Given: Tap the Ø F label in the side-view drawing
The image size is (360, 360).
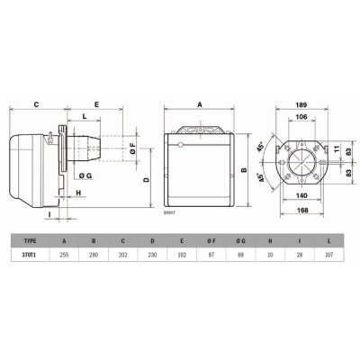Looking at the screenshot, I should point(133,145).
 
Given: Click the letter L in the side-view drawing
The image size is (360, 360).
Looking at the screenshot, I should point(83,117).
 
